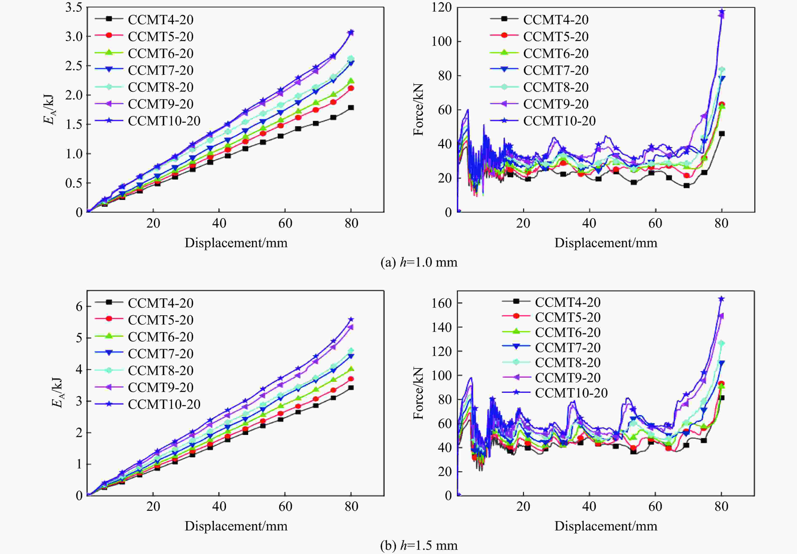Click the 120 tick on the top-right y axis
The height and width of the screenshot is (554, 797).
(442, 7)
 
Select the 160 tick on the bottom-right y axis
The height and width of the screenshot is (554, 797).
(442, 303)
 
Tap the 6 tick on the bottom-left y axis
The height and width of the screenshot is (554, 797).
(79, 306)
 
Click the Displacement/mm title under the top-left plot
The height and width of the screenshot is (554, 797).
(236, 243)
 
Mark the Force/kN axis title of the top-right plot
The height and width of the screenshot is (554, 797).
(418, 109)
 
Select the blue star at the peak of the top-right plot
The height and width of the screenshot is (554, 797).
(722, 12)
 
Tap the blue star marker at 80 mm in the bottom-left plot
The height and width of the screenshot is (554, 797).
(351, 319)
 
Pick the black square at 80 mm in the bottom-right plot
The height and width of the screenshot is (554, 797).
(722, 398)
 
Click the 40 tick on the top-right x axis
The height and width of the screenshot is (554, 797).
(589, 223)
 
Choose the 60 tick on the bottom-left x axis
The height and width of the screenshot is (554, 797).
(285, 506)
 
